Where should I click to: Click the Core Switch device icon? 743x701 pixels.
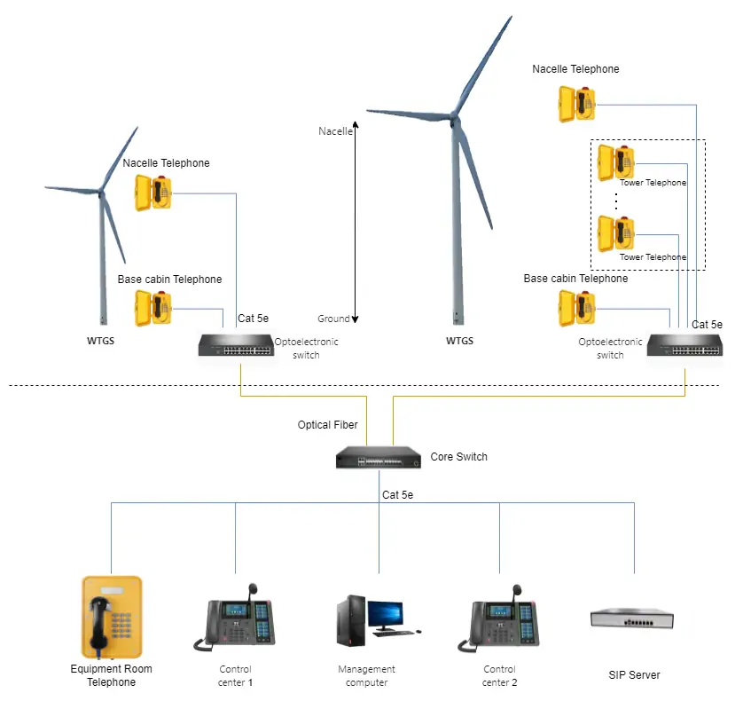378,458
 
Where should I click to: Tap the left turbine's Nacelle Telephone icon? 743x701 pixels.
153,193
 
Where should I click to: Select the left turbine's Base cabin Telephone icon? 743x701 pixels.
153,309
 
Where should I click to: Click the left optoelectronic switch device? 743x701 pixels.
236,346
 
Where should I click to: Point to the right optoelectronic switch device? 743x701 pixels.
684,345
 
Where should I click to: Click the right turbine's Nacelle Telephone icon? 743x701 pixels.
577,104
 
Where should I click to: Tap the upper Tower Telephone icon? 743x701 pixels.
616,161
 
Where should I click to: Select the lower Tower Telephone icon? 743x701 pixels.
616,233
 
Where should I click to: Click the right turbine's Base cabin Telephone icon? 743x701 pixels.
577,308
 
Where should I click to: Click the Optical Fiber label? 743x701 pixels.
327,425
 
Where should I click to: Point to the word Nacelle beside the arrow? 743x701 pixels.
335,131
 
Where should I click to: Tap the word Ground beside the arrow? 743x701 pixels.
333,319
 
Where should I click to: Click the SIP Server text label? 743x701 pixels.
634,675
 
